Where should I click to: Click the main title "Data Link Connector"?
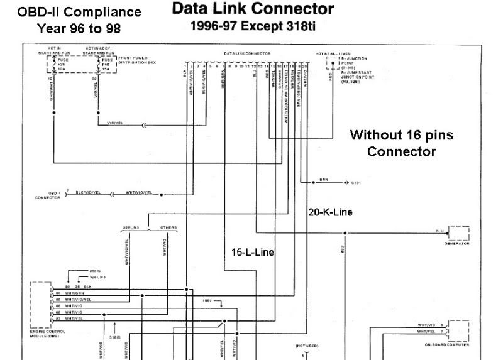pyautogui.click(x=253, y=9)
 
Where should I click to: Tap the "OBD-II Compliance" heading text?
pyautogui.click(x=79, y=12)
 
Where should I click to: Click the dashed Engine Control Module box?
pyautogui.click(x=41, y=305)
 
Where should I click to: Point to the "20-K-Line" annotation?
pyautogui.click(x=330, y=212)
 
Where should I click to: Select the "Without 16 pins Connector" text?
pyautogui.click(x=401, y=143)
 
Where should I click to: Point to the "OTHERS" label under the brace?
pyautogui.click(x=168, y=227)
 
